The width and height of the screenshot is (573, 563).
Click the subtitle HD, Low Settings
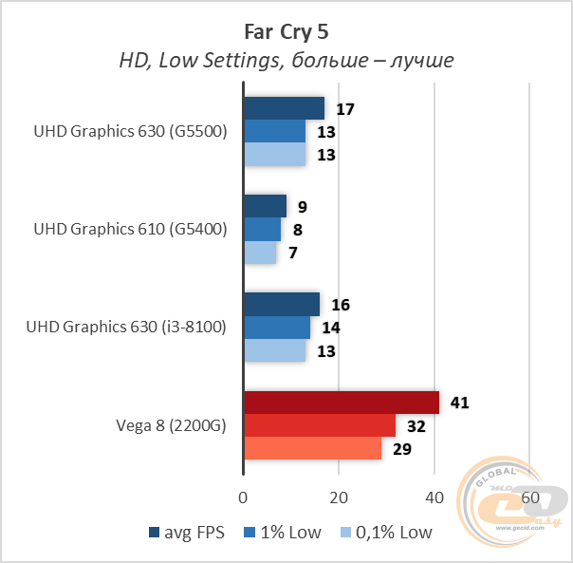point(286,60)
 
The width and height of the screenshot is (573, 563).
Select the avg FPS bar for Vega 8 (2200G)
point(342,403)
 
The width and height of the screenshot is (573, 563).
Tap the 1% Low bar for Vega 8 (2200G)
point(320,425)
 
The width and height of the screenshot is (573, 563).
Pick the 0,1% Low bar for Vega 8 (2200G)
point(312,448)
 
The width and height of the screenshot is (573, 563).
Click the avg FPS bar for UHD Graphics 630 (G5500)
point(285,108)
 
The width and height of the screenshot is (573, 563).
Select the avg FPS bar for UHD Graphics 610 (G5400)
point(266,206)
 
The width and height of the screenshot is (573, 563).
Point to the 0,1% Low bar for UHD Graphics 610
point(260,253)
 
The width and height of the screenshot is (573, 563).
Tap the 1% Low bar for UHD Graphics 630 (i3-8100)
point(277,328)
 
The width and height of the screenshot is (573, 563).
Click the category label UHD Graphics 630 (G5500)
point(130,132)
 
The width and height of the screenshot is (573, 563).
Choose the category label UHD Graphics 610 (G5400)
point(130,230)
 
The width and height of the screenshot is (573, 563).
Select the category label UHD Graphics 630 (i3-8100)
point(127,328)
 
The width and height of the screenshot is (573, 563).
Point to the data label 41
point(459,403)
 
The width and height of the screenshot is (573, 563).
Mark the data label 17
point(345,109)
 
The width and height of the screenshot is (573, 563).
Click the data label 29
point(402,449)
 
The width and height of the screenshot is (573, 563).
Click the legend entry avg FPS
point(187,533)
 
